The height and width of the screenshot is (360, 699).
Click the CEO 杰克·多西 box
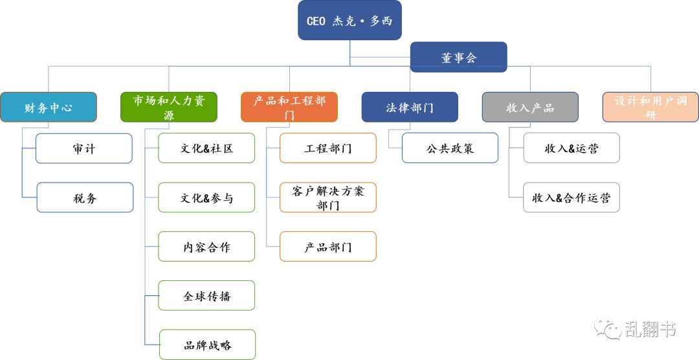pos(349,21)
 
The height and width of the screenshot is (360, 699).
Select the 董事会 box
pos(458,57)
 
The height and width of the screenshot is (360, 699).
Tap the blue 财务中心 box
pos(49,107)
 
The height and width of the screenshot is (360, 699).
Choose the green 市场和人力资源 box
pos(169,107)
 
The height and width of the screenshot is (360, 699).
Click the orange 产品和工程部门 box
pos(289,107)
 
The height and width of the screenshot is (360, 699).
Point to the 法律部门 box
pos(410,107)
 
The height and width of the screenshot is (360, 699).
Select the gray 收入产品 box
pos(530,107)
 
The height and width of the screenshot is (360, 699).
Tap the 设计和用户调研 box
pos(650,107)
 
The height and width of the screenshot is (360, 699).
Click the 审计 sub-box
pos(84,148)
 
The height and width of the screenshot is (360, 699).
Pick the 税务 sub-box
pos(85,197)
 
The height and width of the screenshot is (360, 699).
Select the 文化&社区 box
pos(206,148)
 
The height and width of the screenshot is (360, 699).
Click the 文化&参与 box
pos(206,197)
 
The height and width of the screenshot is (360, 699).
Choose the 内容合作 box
pos(206,247)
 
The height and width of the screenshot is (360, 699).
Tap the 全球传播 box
pos(206,296)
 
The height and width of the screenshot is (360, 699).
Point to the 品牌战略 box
pos(207,344)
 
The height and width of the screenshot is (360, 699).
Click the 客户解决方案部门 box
pos(328,197)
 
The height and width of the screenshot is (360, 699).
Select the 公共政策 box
pos(450,148)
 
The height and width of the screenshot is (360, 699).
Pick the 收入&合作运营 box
pos(571,197)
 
